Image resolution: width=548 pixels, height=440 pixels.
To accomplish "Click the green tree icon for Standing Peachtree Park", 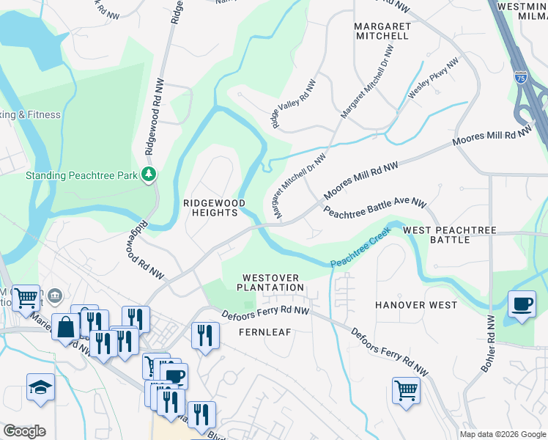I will click(x=149, y=174).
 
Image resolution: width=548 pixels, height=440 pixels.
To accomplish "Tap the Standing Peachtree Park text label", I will click(x=81, y=175).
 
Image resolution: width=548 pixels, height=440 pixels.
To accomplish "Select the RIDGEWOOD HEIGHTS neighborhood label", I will click(x=210, y=207).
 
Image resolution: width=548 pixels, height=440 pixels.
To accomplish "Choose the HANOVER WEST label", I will click(x=416, y=304).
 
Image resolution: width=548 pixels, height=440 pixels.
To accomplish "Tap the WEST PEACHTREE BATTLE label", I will click(x=450, y=235).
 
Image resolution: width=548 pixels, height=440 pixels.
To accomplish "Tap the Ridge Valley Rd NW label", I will click(x=294, y=105).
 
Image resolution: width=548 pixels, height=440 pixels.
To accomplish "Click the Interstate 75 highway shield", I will click(x=520, y=76).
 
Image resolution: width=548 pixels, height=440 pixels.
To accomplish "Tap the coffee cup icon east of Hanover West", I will click(x=522, y=304).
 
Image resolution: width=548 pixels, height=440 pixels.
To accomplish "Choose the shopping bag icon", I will click(x=65, y=326).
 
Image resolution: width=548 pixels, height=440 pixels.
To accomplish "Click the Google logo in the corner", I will click(x=24, y=431).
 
